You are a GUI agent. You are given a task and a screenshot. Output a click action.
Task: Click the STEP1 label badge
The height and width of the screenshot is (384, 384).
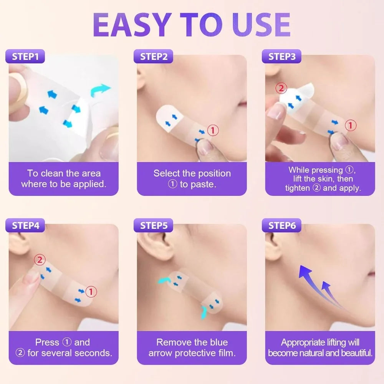(x=25, y=56)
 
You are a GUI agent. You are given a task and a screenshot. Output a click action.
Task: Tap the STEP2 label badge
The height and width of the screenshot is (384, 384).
(x=154, y=56)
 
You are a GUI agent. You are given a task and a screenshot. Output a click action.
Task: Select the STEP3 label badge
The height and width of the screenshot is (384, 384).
(x=282, y=56)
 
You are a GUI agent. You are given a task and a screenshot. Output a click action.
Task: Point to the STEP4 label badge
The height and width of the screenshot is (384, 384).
(x=25, y=225)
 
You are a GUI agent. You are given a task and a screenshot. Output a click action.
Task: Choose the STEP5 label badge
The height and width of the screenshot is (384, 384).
(x=154, y=225)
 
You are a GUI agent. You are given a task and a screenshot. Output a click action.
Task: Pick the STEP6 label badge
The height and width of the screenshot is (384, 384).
(x=282, y=225)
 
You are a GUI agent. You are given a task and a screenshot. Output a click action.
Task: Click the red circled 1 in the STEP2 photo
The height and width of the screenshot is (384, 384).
(x=213, y=130)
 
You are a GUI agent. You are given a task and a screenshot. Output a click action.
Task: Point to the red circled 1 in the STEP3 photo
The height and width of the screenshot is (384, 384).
(x=350, y=125)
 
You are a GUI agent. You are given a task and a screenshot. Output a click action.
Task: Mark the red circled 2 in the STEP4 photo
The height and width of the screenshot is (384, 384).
(x=40, y=260)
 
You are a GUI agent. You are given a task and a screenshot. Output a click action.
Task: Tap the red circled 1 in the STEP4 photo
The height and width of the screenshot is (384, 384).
(x=91, y=292)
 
